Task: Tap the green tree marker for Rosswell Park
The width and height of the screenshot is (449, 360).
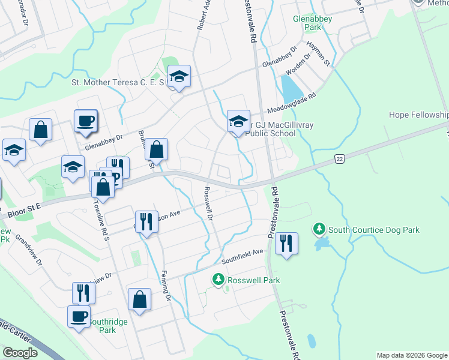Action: [218, 280]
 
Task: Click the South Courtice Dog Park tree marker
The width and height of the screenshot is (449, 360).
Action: [319, 229]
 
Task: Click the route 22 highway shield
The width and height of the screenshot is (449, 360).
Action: [340, 157]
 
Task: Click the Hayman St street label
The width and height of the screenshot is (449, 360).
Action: [318, 54]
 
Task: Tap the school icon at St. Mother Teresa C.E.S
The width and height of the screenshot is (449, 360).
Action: [179, 76]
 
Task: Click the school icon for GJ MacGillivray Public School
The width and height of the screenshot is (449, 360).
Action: [238, 121]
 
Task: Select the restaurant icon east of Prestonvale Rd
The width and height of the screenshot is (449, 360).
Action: [287, 244]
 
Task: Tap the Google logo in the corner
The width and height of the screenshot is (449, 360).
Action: [20, 353]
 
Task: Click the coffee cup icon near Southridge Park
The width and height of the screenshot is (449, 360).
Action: [79, 316]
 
